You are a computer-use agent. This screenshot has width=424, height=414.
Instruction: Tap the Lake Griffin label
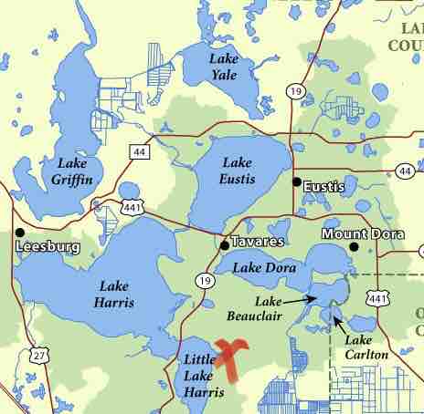[x=73, y=171]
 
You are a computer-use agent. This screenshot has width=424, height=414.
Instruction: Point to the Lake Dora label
[x=258, y=267]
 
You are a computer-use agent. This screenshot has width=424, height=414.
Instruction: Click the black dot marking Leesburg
[x=19, y=232]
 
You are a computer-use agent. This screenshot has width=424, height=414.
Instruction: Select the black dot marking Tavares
[x=224, y=244]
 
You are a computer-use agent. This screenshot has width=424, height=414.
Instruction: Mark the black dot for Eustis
[x=295, y=181]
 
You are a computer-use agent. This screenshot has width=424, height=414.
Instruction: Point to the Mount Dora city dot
[x=354, y=246]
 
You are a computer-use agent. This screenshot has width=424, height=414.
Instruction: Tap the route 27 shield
[x=37, y=353]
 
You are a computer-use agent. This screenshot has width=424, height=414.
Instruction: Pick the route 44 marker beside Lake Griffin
[x=138, y=151]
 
